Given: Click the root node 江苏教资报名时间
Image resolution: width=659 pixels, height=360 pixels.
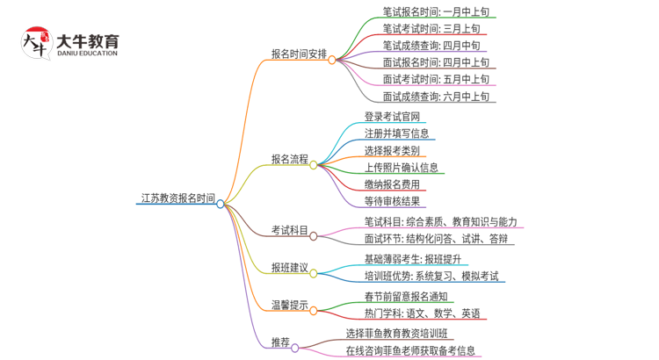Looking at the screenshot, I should click(x=177, y=198).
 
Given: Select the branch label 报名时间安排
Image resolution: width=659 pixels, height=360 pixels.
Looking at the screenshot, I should click(x=299, y=54).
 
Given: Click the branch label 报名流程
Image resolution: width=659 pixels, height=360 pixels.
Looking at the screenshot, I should click(x=289, y=159).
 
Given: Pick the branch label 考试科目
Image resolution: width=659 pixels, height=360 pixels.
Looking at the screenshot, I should click(x=289, y=230).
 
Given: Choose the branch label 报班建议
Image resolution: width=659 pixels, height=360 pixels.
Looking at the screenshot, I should click(x=289, y=266).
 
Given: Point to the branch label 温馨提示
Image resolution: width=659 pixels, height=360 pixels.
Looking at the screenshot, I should click(x=289, y=305).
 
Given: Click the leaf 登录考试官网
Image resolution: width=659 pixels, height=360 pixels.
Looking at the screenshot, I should click(x=393, y=117).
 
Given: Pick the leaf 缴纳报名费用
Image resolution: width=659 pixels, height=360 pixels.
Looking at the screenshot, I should click(x=393, y=184).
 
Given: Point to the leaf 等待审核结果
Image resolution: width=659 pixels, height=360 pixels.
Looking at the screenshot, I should click(x=393, y=201).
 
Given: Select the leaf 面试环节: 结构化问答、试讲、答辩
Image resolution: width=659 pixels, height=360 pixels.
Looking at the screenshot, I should click(x=435, y=238).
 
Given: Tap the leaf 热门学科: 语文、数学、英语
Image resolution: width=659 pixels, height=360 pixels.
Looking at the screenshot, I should click(x=422, y=313).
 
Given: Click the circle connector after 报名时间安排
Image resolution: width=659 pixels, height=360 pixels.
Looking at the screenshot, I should click(x=333, y=60).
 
